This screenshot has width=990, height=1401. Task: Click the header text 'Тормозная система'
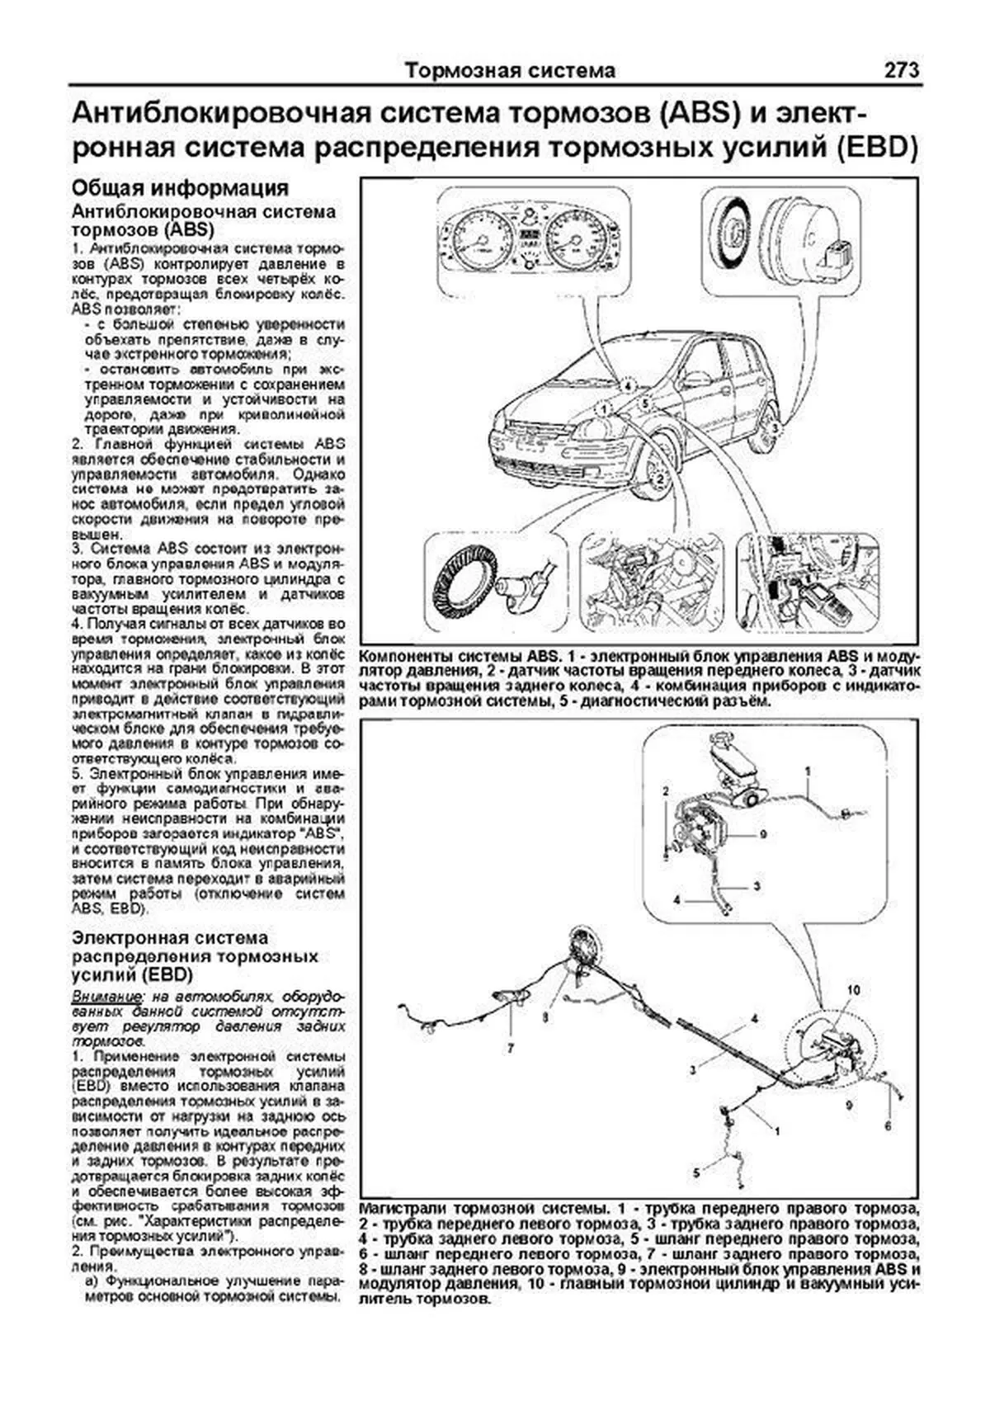click(x=510, y=71)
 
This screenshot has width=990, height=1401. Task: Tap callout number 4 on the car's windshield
click(x=627, y=385)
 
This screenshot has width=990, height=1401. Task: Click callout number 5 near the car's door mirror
click(x=646, y=403)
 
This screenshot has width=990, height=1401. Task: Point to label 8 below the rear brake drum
click(x=544, y=1017)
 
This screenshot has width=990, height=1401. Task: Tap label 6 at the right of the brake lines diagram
click(x=888, y=1125)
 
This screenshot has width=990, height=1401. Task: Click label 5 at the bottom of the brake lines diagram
click(x=695, y=1171)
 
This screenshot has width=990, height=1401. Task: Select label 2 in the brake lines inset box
click(x=664, y=790)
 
